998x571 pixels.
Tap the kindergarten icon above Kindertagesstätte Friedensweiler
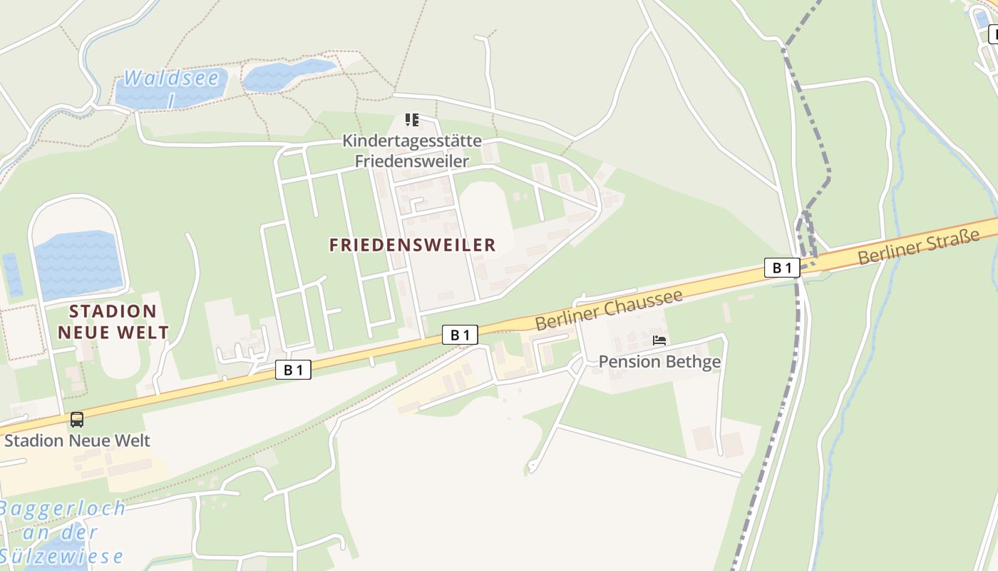[412, 120]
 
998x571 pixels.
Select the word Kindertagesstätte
[412, 141]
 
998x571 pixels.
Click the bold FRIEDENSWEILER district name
[412, 245]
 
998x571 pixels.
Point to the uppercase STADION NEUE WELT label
[113, 321]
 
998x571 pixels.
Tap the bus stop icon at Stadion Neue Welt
[77, 420]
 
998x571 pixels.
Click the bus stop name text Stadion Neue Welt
[78, 440]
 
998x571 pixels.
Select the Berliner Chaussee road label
[609, 309]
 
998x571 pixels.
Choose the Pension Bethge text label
[659, 362]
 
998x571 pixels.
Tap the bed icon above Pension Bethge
[659, 340]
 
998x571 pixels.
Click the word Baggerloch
[63, 509]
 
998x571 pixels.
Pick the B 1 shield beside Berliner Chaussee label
[460, 335]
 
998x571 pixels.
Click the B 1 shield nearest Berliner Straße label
[782, 268]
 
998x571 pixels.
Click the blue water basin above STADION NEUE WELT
[78, 264]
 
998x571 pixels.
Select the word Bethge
[693, 362]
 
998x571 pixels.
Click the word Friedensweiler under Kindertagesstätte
[412, 161]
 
